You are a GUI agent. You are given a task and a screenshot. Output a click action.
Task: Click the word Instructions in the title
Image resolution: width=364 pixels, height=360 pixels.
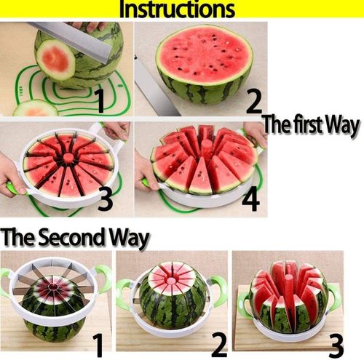[x=177, y=10]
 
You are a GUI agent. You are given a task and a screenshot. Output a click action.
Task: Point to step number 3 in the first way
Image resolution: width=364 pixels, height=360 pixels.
[x=105, y=198]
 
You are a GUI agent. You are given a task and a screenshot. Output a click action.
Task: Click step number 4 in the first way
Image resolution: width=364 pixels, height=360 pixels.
[x=251, y=198]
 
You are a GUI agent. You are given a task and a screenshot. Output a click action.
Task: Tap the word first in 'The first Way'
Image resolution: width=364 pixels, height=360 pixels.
[x=314, y=124]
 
